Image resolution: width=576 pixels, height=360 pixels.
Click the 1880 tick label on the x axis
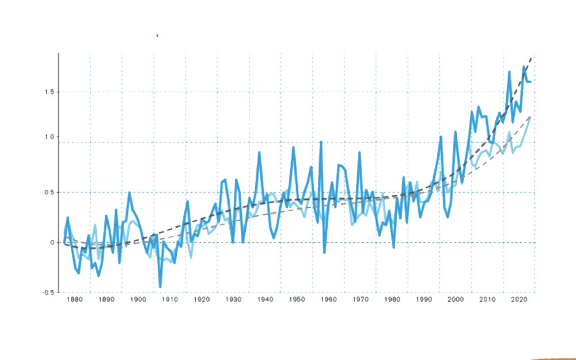[74, 300]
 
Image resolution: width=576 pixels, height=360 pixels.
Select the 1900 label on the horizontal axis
[138, 300]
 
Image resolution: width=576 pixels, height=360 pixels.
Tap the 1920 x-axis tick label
[201, 300]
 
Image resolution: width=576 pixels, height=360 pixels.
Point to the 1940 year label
[265, 300]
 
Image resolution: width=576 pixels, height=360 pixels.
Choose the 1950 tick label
[297, 300]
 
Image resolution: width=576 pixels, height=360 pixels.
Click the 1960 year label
[328, 300]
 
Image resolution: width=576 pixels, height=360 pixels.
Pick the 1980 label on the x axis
[392, 300]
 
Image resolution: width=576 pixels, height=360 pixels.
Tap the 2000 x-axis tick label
[456, 300]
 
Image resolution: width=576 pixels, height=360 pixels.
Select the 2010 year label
[487, 300]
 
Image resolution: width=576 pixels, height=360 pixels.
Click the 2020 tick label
[519, 300]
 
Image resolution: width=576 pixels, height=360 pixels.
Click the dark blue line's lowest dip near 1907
[160, 286]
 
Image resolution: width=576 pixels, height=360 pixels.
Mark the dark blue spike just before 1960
[321, 142]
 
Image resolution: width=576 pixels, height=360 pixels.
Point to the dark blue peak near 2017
[510, 72]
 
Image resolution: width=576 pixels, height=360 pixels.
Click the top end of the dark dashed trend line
[531, 58]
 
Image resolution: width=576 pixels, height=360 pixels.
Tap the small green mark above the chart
[157, 36]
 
